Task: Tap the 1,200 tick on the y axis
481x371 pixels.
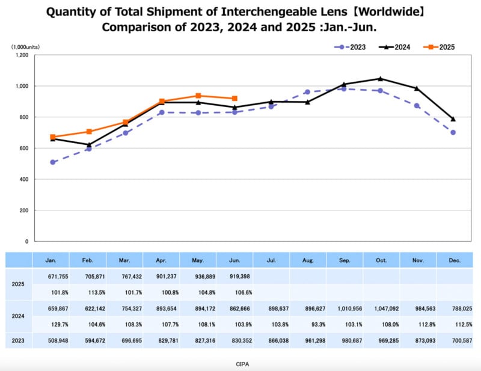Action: tap(22, 55)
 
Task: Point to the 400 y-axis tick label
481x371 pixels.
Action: tap(23, 179)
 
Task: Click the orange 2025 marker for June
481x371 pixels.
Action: tap(234, 98)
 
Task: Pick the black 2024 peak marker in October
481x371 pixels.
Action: tap(380, 79)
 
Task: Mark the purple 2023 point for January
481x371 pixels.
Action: tap(53, 162)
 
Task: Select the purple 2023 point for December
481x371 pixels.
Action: tap(453, 132)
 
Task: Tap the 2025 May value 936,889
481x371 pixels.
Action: tap(198, 276)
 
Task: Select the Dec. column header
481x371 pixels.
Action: tap(454, 260)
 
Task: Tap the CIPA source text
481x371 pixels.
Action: tap(242, 364)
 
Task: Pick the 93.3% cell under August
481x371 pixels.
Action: tap(307, 323)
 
